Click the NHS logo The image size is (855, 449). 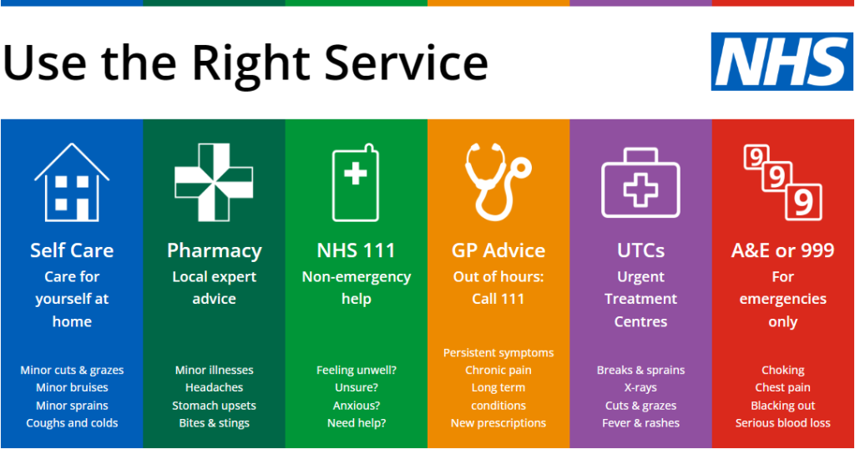pos(782,62)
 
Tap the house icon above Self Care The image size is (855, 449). pos(72,182)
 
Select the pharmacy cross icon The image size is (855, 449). pos(213,182)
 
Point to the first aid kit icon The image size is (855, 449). pos(640,185)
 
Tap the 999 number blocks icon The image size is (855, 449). pos(782,182)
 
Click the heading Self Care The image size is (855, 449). pos(72,250)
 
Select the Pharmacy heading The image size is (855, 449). pos(214,250)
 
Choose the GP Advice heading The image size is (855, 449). pos(498,250)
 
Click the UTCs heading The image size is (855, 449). pos(640,250)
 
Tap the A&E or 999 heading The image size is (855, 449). pos(782,250)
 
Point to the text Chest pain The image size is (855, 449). pos(782,387)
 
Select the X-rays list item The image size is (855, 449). pos(640,387)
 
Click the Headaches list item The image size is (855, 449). pos(214,387)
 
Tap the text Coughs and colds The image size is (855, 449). pos(72,423)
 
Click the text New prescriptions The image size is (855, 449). pos(498,423)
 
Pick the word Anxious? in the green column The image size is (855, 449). pos(357,406)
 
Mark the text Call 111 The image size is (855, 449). pos(498,299)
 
